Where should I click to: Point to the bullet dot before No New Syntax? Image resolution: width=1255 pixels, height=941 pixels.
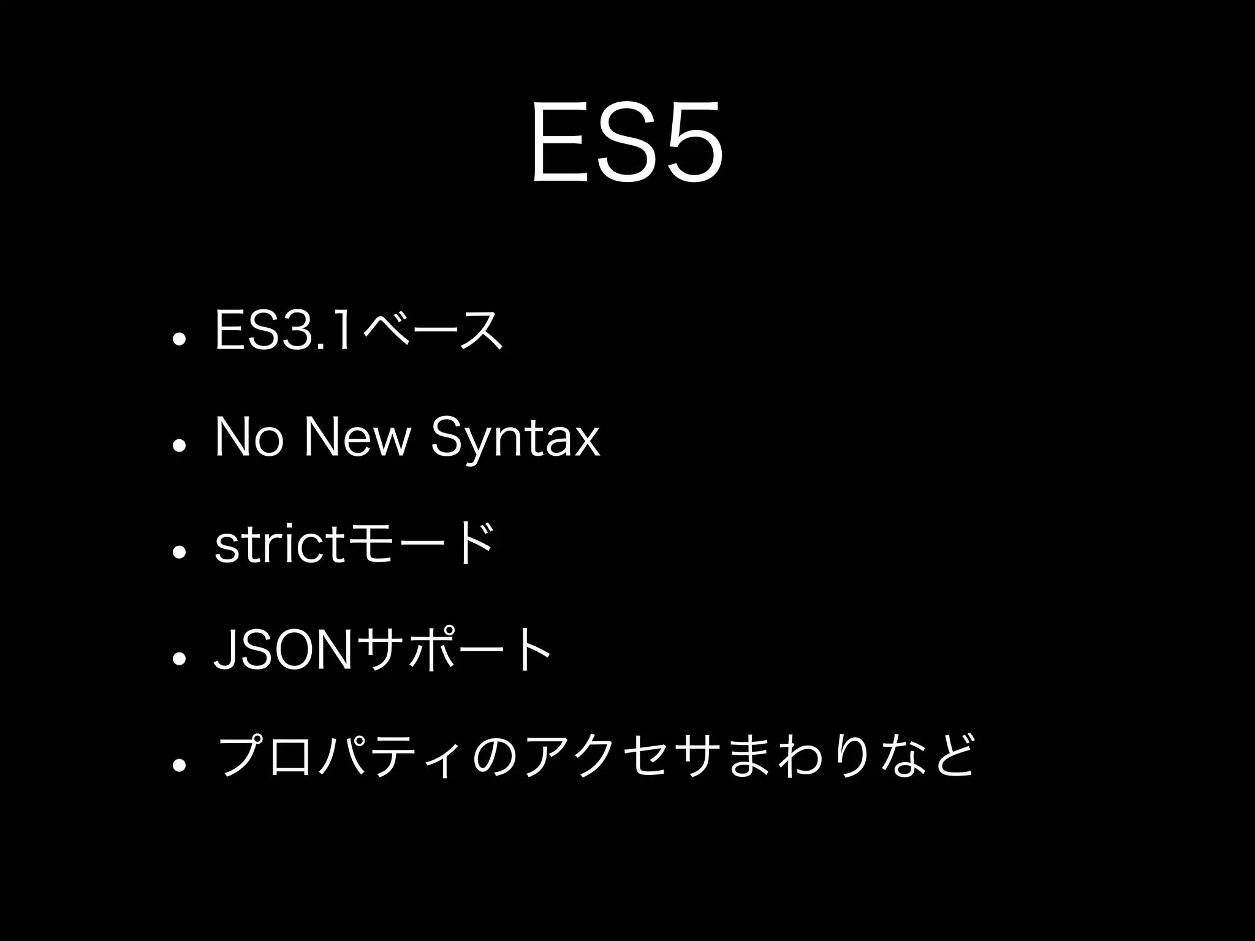click(x=179, y=446)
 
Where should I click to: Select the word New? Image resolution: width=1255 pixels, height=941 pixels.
click(x=358, y=437)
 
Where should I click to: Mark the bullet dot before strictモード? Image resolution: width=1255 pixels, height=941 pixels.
click(x=179, y=553)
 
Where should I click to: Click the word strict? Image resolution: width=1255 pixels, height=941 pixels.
click(x=279, y=544)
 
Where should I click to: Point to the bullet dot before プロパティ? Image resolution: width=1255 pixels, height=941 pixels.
click(x=179, y=765)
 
